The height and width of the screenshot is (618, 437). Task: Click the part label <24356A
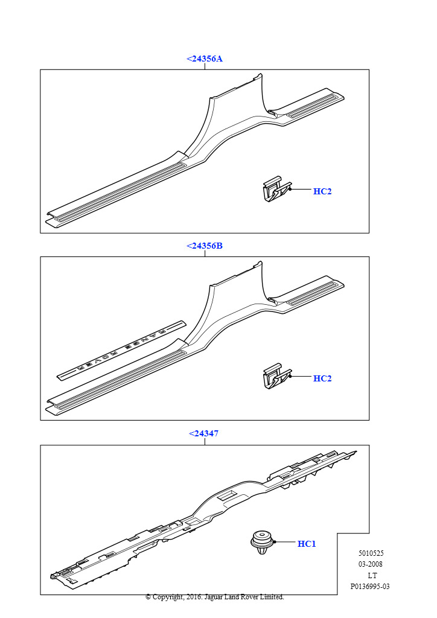click(205, 59)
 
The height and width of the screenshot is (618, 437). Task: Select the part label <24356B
click(205, 246)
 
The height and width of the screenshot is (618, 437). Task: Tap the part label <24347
click(204, 433)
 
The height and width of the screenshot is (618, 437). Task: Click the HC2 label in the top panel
click(322, 191)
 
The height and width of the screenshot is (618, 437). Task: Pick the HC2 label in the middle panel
click(322, 379)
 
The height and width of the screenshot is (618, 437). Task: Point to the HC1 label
click(307, 544)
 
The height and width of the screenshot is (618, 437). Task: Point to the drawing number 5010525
click(371, 554)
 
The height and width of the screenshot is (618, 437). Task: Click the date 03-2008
click(371, 564)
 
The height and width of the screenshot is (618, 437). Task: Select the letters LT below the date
click(372, 575)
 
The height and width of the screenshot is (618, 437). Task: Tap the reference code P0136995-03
click(370, 587)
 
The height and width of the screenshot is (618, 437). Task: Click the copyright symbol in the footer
click(148, 597)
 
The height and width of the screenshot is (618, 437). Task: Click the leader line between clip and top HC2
click(301, 190)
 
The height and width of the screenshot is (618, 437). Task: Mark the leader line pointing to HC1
click(285, 543)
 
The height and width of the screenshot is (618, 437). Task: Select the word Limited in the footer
click(272, 597)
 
